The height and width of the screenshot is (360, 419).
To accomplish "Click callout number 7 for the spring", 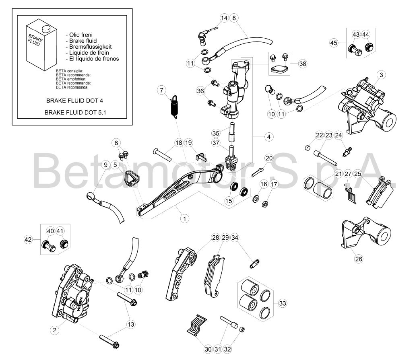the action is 161,90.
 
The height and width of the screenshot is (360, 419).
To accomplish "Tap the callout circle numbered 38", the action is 303,64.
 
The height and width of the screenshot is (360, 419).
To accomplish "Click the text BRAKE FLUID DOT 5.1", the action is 75,113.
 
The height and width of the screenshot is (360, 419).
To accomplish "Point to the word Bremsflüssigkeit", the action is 90,47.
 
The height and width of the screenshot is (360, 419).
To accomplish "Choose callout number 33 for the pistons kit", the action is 283,303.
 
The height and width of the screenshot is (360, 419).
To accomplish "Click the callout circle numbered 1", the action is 184,219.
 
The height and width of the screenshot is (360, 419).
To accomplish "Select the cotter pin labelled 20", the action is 258,172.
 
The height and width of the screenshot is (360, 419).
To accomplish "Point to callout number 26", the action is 359,259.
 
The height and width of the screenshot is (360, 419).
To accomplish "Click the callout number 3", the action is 381,75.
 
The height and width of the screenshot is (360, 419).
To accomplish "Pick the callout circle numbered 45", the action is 334,43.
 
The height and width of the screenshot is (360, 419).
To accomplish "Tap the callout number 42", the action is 28,239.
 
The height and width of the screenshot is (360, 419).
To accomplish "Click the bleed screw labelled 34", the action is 255,264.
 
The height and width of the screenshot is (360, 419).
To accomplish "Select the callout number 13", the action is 131,325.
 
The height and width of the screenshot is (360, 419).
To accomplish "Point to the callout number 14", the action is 224,18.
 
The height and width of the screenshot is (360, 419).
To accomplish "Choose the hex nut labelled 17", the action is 265,204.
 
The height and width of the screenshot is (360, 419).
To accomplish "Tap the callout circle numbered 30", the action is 208,349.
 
